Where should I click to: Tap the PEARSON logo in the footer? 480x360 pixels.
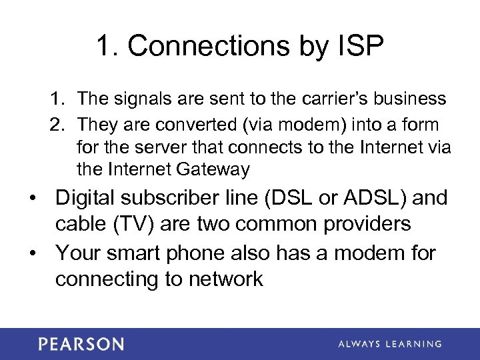[x=81, y=344]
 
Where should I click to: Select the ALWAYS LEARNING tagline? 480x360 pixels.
[x=390, y=344]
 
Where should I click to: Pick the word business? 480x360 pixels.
[x=413, y=99]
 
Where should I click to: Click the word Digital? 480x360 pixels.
[x=90, y=198]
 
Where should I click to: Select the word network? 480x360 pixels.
[x=226, y=279]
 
